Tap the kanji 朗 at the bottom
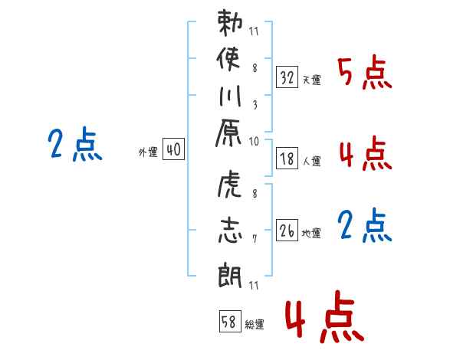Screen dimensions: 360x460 point(230,271)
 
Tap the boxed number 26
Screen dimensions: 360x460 point(287,231)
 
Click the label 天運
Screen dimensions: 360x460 point(311,80)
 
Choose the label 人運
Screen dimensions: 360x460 point(311,162)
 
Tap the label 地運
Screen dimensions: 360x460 point(311,234)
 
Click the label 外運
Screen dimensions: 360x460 point(148,153)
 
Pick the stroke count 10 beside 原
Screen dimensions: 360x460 point(253,141)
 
